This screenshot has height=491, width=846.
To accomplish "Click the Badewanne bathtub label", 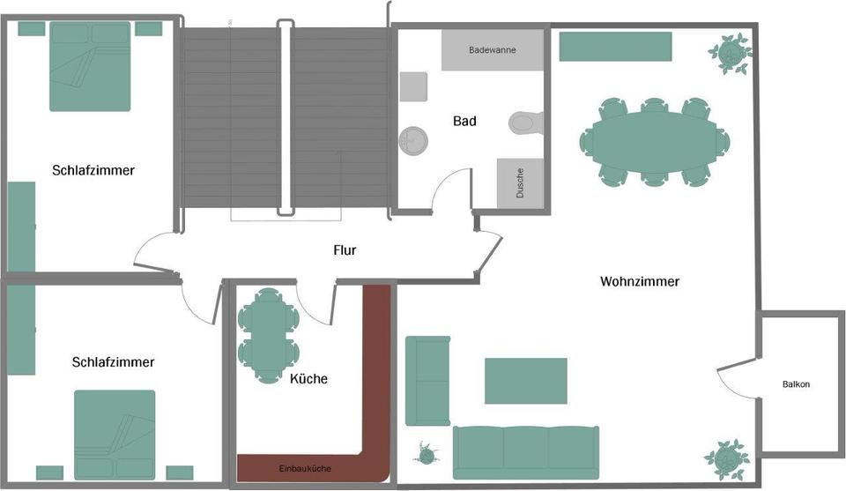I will point(493,50).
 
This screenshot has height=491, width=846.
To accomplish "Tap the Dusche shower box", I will point(520,183).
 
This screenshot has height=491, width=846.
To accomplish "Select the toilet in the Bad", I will point(525,123).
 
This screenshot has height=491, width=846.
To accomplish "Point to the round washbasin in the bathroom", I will point(412,139).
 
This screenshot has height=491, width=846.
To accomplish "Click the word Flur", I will point(345,250).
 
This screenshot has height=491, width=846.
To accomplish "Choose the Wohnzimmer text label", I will point(640,282).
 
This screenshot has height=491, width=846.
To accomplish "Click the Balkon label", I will point(796,384).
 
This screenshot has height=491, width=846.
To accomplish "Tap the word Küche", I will point(308,379).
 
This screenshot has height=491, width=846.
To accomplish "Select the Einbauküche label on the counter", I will point(305,468).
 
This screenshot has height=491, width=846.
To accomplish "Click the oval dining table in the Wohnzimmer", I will point(654,141).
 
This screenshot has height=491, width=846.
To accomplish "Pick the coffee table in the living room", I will point(526,380).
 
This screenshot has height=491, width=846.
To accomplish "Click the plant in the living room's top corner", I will point(730,53).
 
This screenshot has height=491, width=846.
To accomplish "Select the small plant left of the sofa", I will point(427,454).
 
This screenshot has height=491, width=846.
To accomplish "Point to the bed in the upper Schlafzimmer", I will point(90,67).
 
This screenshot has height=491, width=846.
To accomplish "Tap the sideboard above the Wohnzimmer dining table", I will point(615,47).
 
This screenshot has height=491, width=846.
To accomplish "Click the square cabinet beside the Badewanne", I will point(413,86).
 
